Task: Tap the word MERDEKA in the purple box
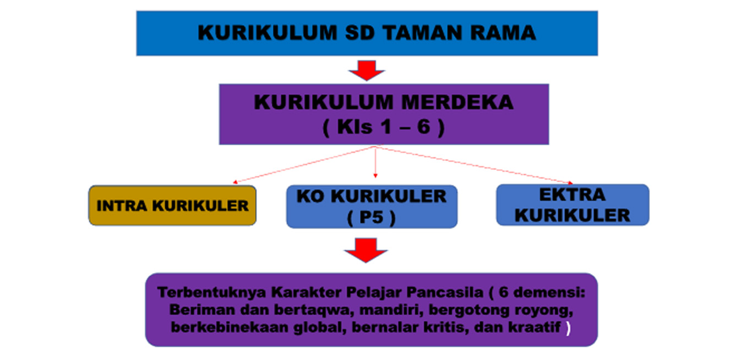tap(457, 102)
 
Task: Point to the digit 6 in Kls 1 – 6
tap(423, 127)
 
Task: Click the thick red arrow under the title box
tap(367, 70)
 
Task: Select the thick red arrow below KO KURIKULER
tap(366, 250)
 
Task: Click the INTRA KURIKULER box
tap(172, 205)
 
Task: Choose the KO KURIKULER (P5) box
tap(372, 206)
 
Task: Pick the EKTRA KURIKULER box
tap(573, 205)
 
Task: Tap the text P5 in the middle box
tap(371, 217)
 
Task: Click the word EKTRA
tap(573, 195)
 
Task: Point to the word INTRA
tap(122, 206)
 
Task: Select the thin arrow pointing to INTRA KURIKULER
tap(304, 165)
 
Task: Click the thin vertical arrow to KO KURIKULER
tap(375, 162)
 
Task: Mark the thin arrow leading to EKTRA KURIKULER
tap(474, 165)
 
